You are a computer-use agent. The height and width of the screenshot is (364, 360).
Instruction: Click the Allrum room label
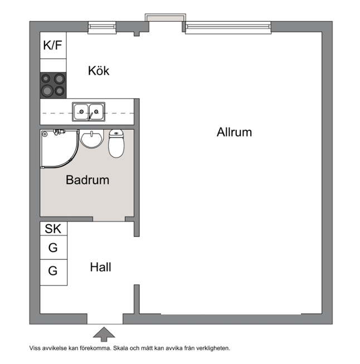pyautogui.click(x=234, y=132)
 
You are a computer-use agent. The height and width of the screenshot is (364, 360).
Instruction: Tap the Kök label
pyautogui.click(x=99, y=71)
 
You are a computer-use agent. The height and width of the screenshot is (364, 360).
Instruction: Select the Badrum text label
pyautogui.click(x=87, y=180)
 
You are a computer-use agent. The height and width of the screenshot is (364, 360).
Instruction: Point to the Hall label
pyautogui.click(x=100, y=267)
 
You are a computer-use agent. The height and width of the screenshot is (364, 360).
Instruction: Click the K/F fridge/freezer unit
pyautogui.click(x=53, y=45)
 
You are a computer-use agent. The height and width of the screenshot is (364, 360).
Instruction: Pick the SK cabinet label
pyautogui.click(x=53, y=229)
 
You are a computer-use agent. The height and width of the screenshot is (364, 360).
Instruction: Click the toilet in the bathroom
pyautogui.click(x=116, y=144)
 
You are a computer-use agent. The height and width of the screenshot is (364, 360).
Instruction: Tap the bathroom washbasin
pyautogui.click(x=91, y=139)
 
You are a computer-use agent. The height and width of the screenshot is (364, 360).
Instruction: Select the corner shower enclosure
pyautogui.click(x=60, y=149)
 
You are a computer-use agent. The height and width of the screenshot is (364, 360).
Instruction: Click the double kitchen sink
pyautogui.click(x=89, y=112)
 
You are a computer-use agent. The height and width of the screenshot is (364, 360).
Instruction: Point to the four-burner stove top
pyautogui.click(x=53, y=85)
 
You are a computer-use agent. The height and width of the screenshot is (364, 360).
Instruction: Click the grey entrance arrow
pyautogui.click(x=104, y=335)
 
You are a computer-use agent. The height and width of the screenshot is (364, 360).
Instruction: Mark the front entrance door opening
pyautogui.click(x=105, y=319)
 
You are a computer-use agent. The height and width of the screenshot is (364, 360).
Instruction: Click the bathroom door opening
pyautogui.click(x=109, y=219)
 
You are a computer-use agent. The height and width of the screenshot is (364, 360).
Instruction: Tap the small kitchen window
pyautogui.click(x=102, y=28)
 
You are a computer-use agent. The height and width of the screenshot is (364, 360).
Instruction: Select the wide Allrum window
pyautogui.click(x=228, y=28)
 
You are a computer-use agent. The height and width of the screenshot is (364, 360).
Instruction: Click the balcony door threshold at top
pyautogui.click(x=166, y=18)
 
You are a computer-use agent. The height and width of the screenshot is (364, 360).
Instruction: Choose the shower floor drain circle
pyautogui.click(x=45, y=134)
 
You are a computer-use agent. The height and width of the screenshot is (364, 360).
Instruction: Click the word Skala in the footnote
pyautogui.click(x=120, y=348)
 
